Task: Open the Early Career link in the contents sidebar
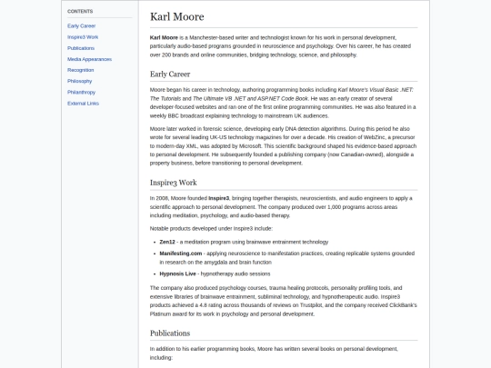pyautogui.click(x=82, y=25)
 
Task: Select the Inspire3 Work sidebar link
pyautogui.click(x=83, y=36)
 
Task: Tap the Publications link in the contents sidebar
pyautogui.click(x=81, y=47)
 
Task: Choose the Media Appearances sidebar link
pyautogui.click(x=89, y=58)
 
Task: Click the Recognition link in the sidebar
pyautogui.click(x=80, y=69)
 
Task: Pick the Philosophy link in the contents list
pyautogui.click(x=79, y=81)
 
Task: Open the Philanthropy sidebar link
pyautogui.click(x=81, y=92)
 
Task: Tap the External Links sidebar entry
pyautogui.click(x=83, y=103)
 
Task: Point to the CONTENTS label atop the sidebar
pyautogui.click(x=80, y=11)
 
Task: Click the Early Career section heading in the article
pyautogui.click(x=170, y=74)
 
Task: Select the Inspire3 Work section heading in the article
pyautogui.click(x=173, y=183)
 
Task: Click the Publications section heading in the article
pyautogui.click(x=172, y=333)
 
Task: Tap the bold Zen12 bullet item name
pyautogui.click(x=167, y=242)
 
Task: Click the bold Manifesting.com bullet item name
pyautogui.click(x=181, y=254)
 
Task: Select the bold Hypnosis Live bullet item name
pyautogui.click(x=177, y=274)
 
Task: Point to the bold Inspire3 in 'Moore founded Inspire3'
pyautogui.click(x=218, y=197)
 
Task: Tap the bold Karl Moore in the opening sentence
pyautogui.click(x=164, y=37)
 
